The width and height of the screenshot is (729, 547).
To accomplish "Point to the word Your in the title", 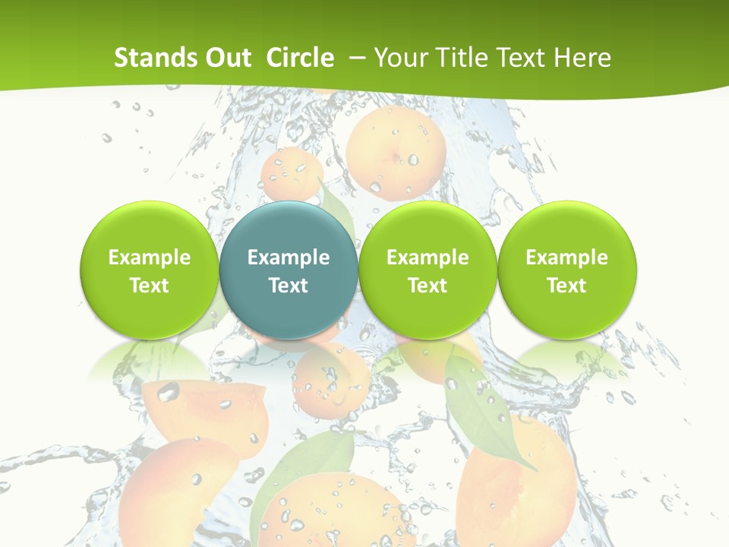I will [401, 58].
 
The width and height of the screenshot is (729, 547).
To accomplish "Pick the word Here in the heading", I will [582, 58].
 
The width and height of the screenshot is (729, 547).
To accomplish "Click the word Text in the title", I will [523, 58].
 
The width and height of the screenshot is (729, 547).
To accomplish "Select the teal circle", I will [289, 270].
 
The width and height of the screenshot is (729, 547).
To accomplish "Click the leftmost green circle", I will [150, 270].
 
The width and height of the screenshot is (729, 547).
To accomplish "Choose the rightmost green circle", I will [567, 270].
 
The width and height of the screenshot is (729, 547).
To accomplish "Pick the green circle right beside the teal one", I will [428, 270].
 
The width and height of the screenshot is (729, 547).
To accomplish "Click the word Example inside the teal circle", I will [289, 258].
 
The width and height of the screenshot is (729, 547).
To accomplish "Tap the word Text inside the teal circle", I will [289, 286].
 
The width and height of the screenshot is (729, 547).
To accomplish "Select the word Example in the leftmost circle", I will [150, 258].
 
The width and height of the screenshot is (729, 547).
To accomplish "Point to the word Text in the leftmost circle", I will [150, 286].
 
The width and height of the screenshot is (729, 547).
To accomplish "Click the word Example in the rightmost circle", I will [567, 258].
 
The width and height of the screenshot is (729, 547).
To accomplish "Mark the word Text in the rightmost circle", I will [567, 286].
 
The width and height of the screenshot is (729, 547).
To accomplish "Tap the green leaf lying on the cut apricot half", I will [482, 410].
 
